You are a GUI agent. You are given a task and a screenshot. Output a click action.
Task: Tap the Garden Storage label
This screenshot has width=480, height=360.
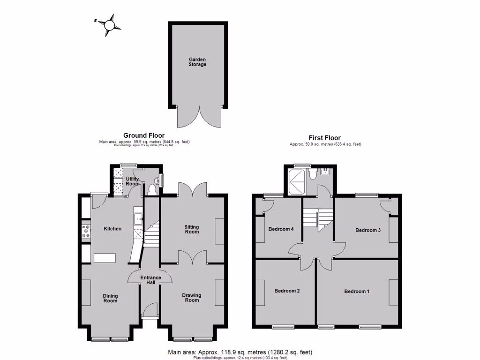tap(197, 62)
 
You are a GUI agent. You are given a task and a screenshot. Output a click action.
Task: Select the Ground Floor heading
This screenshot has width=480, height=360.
tap(144, 135)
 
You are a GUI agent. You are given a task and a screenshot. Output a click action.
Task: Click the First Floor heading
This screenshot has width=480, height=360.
tap(325, 138)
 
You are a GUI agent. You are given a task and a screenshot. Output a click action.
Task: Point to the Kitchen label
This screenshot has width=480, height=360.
tap(112, 229)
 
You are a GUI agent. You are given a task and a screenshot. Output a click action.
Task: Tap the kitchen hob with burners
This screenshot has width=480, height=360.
tap(86, 232)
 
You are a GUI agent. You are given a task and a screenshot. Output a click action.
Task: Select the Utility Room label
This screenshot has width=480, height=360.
tap(133, 181)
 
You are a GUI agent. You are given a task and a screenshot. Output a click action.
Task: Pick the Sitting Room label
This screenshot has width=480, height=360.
tap(192, 229)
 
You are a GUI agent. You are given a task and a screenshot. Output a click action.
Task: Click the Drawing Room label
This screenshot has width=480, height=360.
tap(192, 298)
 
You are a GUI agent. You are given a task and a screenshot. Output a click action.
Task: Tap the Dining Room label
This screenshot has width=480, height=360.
tap(111, 298)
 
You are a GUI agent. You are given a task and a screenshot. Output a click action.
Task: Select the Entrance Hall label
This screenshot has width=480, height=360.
tap(150, 280)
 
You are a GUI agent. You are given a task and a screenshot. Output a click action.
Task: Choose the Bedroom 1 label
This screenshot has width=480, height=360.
tap(357, 292)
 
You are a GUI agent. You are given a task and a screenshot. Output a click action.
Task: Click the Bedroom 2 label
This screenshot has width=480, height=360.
tap(287, 291)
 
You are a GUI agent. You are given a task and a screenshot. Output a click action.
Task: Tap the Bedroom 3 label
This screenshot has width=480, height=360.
tap(367, 230)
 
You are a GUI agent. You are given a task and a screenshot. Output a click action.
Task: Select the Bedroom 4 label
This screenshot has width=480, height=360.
tap(281, 229)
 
